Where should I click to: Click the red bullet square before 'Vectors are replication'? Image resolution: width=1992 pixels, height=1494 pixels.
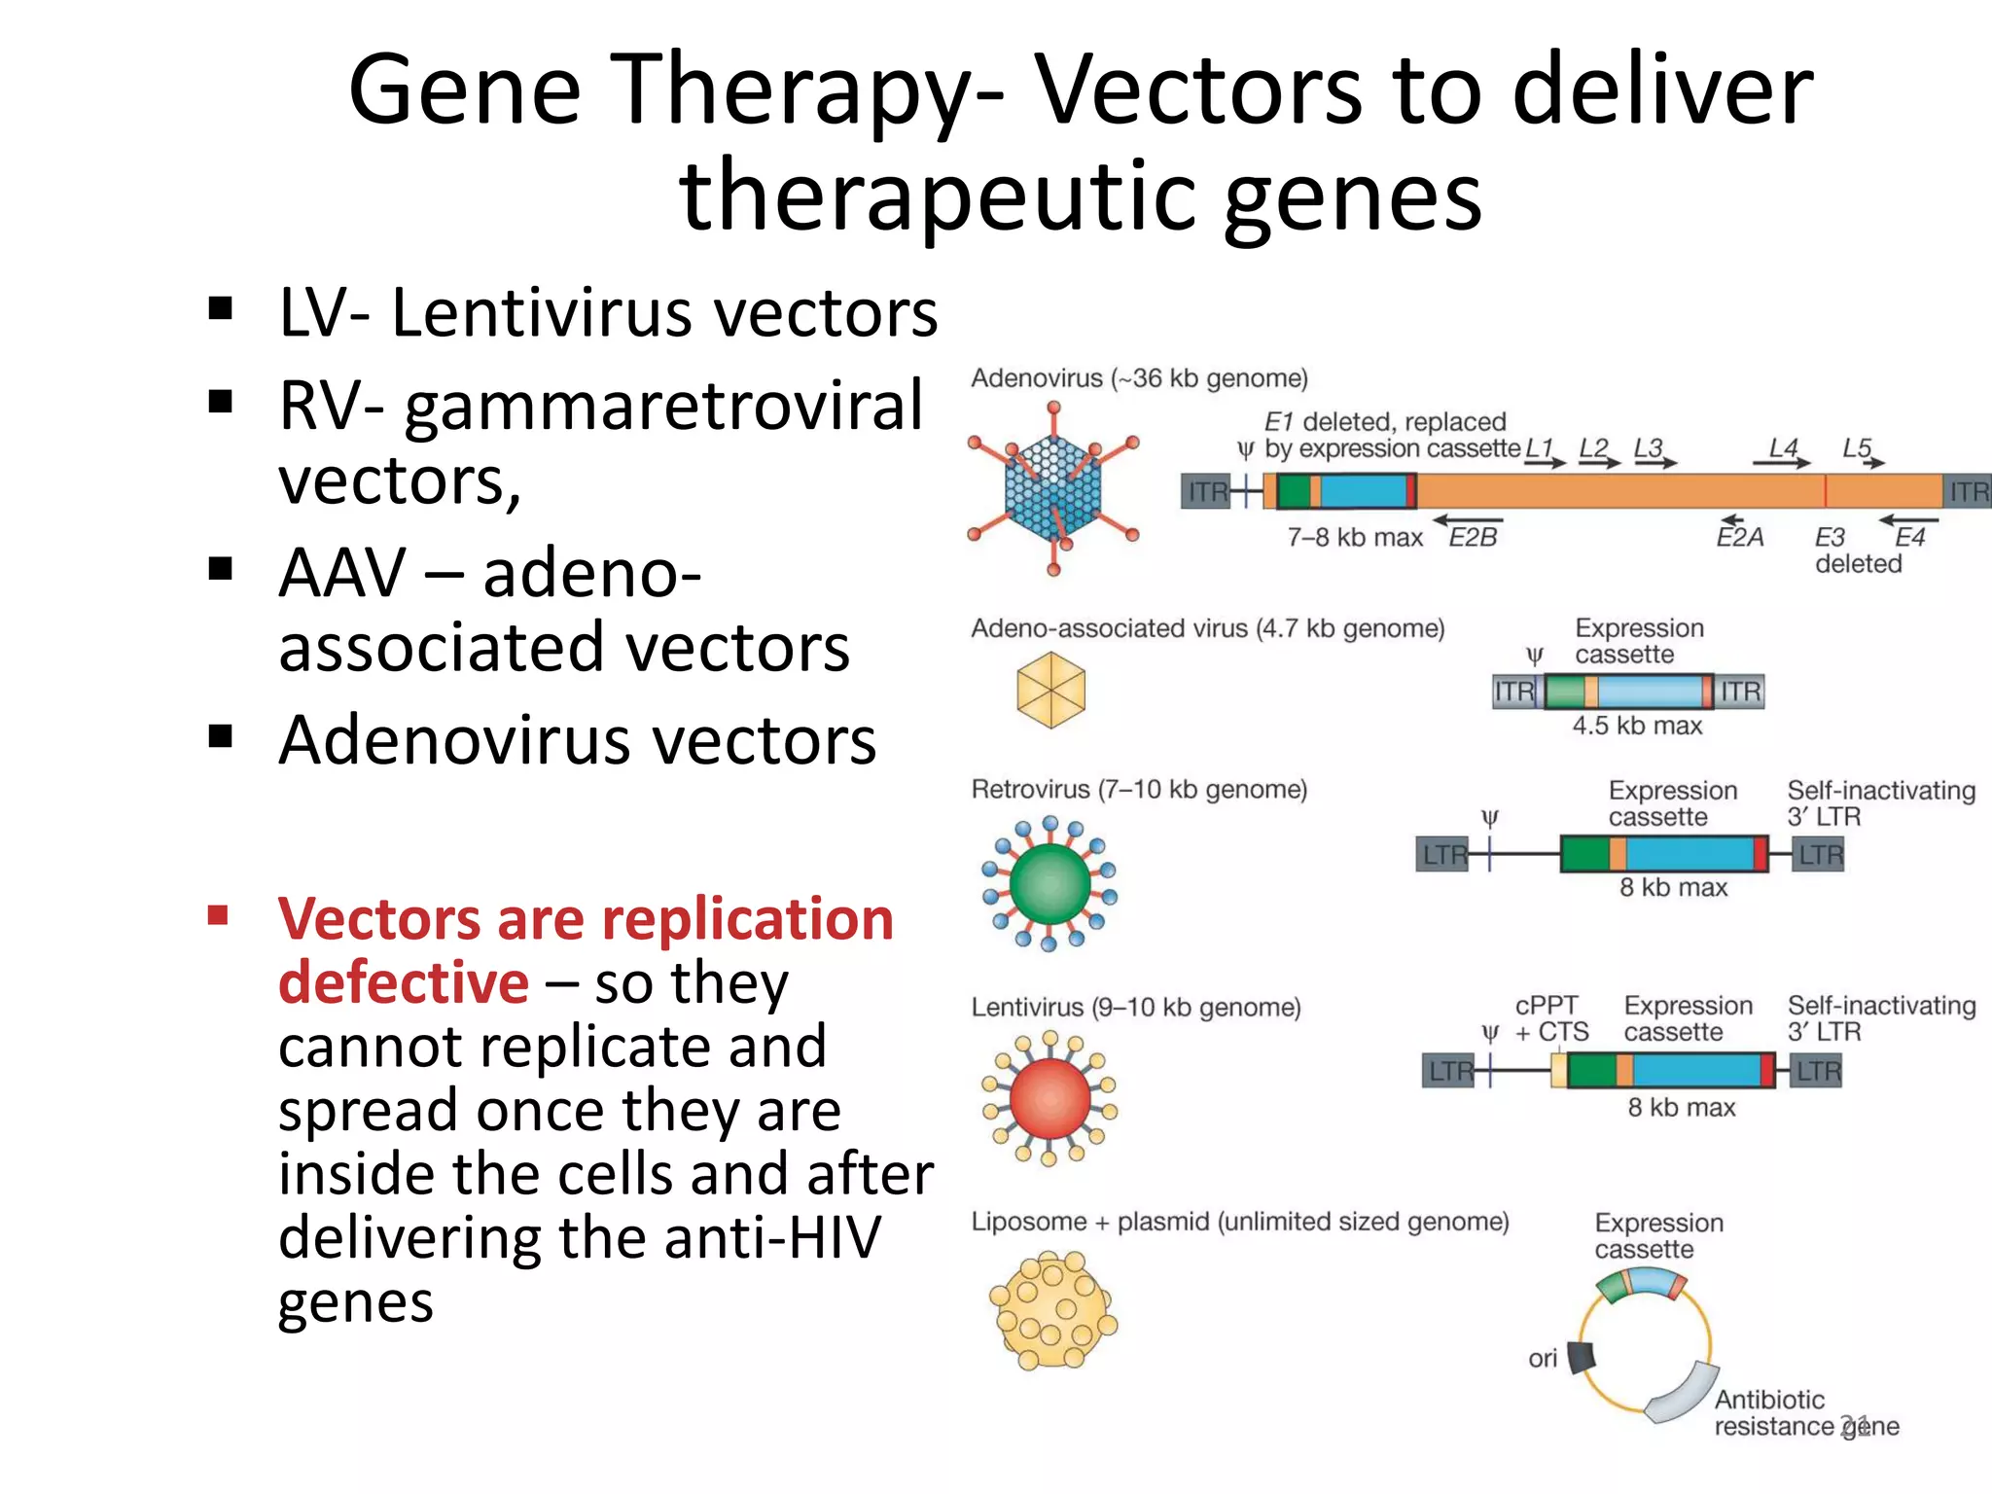218,915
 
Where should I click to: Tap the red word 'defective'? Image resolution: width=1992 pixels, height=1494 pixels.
404,982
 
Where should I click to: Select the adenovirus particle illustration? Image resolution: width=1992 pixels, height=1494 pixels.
1053,490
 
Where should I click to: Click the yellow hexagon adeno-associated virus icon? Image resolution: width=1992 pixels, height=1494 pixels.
1050,691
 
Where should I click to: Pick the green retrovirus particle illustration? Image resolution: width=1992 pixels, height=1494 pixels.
1049,883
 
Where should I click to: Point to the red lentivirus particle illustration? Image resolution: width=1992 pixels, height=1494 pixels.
1049,1098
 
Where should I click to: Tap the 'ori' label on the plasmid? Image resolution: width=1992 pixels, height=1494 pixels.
1543,1359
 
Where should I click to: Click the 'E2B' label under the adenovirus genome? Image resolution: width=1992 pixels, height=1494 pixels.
1473,538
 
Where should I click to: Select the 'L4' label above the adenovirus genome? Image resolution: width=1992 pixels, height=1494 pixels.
1783,448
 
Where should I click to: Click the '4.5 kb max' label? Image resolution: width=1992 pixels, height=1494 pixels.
1637,726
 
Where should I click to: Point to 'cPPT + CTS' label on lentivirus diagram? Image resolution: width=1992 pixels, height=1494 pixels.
1549,1018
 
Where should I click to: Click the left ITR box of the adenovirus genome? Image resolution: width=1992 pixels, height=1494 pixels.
1207,492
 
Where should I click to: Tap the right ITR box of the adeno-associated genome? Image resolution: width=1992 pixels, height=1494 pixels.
1740,692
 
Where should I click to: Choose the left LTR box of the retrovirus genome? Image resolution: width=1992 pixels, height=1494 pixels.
1443,855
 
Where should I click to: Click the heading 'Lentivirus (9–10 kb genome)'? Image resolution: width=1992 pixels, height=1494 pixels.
1136,1007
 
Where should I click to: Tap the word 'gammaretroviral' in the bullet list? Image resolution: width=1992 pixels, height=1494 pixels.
663,407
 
